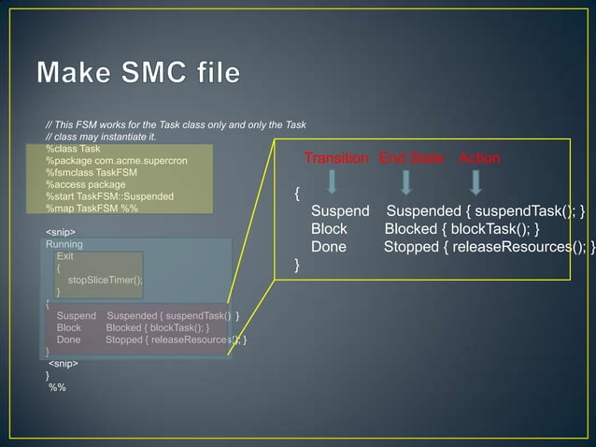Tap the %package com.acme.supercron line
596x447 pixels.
(x=117, y=161)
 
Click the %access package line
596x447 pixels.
(x=86, y=185)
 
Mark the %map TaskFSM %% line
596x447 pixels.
(x=92, y=209)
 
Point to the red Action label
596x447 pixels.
(x=479, y=159)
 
